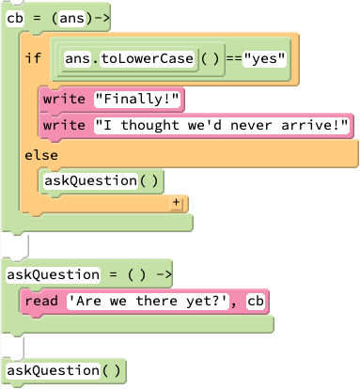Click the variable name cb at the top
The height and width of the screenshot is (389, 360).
(x=15, y=17)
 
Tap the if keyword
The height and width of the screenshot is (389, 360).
(x=33, y=58)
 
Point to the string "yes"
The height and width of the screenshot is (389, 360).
(x=264, y=58)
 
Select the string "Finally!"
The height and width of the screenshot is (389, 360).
(x=138, y=99)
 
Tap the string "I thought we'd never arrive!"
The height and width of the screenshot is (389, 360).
(x=222, y=125)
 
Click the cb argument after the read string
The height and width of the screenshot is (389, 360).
(x=255, y=301)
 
